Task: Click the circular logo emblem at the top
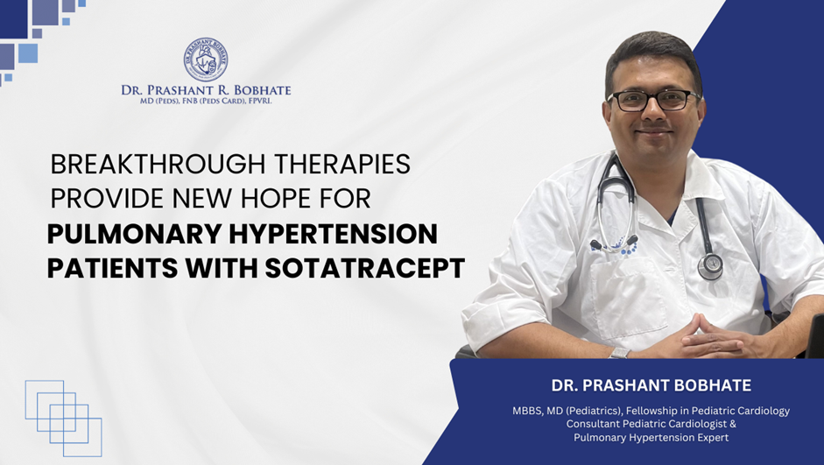click(x=206, y=60)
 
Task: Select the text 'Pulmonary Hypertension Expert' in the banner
click(x=651, y=437)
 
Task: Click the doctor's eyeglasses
click(x=653, y=100)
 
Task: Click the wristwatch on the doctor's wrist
click(x=620, y=351)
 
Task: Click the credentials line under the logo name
click(x=206, y=102)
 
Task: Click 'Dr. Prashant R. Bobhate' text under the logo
click(x=206, y=89)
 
